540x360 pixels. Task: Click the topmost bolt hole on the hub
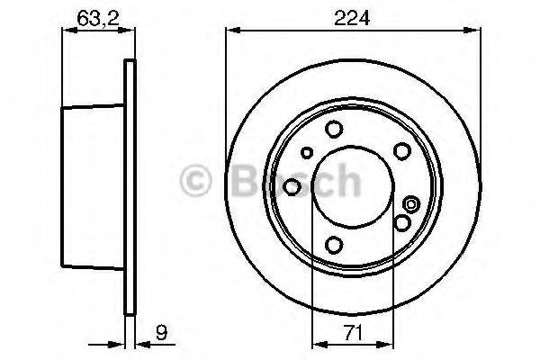[334, 129]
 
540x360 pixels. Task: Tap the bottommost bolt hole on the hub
[335, 244]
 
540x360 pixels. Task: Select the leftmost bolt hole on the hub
[292, 186]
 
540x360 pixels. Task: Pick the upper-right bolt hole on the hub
[400, 150]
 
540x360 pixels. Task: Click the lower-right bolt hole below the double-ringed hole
[402, 220]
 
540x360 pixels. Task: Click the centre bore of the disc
[347, 186]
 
